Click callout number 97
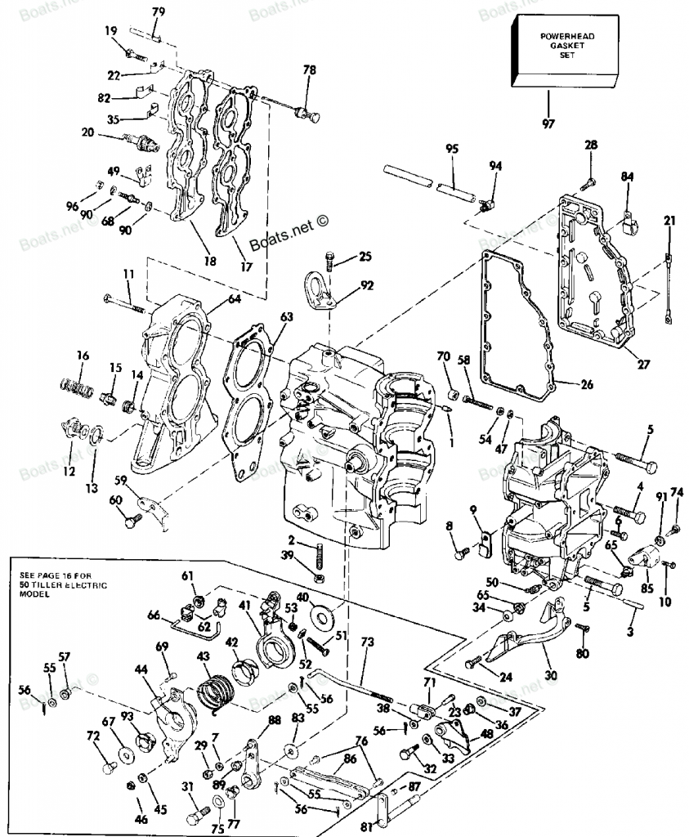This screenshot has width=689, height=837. coord(548,123)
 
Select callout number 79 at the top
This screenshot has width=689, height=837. coord(159,11)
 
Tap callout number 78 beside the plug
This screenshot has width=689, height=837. coord(309,70)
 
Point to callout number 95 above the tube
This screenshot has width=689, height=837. coord(452,149)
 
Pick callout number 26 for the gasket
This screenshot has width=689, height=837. coord(587,384)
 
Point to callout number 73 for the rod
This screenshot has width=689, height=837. coord(367,643)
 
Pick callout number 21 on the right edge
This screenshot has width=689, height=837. coord(669,220)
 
